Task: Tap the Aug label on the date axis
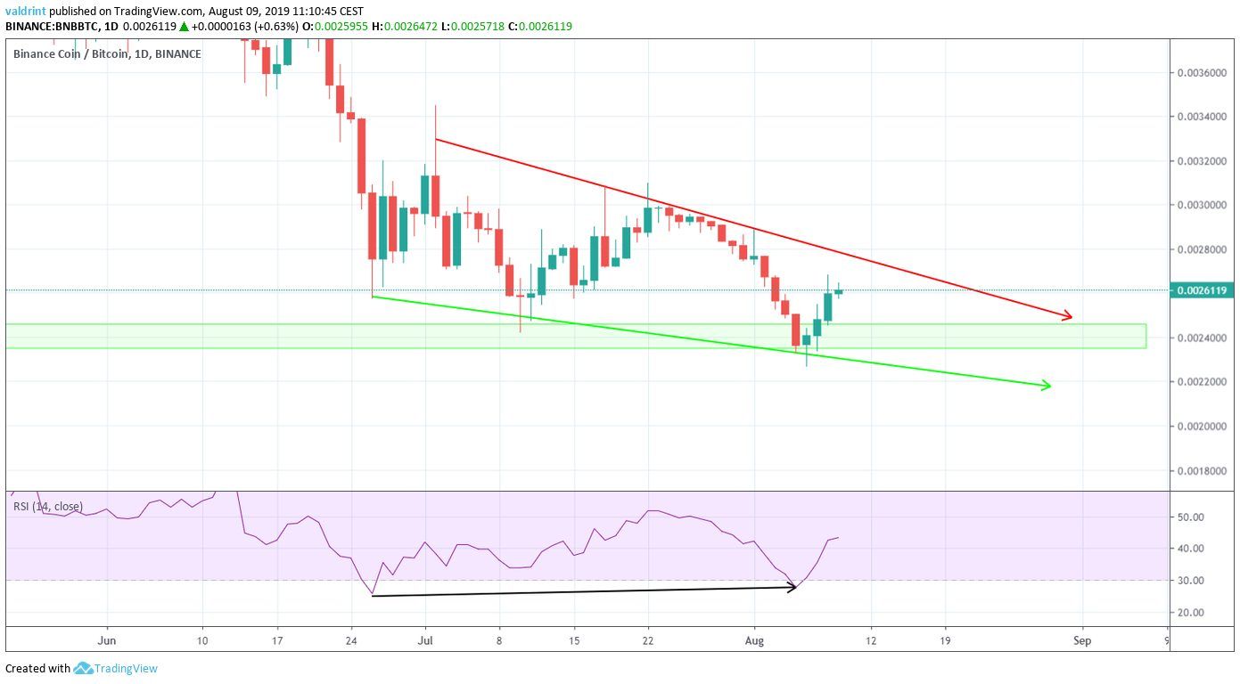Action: click(754, 639)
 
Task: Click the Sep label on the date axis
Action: click(1082, 639)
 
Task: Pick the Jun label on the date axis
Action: click(107, 639)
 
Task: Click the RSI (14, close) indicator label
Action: click(48, 507)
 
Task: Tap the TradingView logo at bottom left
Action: click(115, 668)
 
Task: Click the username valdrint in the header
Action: click(26, 12)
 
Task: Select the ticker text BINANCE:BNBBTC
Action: click(48, 27)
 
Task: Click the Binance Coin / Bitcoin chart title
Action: click(107, 54)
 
